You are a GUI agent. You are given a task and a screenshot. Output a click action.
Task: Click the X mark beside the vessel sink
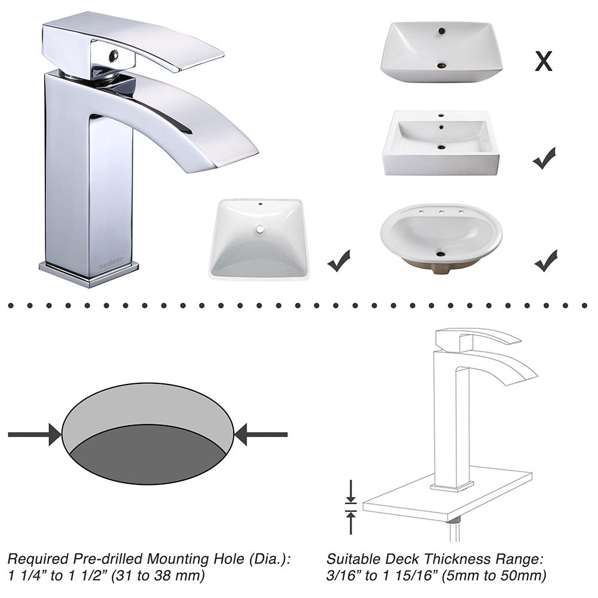[x=544, y=62]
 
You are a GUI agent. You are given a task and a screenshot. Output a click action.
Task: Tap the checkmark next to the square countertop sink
[x=544, y=158]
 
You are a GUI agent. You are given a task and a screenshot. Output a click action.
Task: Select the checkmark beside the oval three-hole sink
[x=546, y=261]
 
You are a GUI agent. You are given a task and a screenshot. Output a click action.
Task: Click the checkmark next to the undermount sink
[x=338, y=261]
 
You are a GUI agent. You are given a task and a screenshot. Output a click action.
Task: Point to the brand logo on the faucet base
[x=111, y=263]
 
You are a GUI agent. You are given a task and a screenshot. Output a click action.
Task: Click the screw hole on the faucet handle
[x=114, y=56]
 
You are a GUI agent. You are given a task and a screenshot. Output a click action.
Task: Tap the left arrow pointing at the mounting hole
[x=34, y=434]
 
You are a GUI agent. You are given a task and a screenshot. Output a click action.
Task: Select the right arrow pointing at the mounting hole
[x=261, y=434]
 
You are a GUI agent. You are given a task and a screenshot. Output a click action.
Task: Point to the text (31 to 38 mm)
[x=158, y=576]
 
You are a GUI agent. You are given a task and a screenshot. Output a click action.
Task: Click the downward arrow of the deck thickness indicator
[x=351, y=491]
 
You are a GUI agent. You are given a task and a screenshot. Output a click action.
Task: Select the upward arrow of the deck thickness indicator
[x=351, y=523]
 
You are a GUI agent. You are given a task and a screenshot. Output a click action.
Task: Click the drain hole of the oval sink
[x=441, y=252]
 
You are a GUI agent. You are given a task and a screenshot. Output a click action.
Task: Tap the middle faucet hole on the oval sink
[x=441, y=212]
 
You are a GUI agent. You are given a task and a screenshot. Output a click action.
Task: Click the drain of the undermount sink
[x=261, y=229]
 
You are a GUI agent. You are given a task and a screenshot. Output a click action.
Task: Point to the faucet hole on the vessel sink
[x=442, y=30]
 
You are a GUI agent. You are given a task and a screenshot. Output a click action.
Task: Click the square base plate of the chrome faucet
[x=89, y=274]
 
